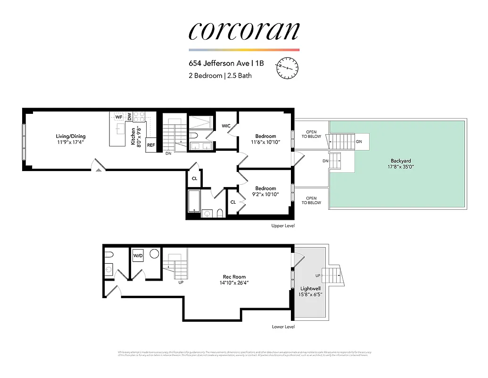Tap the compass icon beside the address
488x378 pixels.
point(288,68)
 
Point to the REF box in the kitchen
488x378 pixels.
point(151,145)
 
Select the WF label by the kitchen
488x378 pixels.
point(118,116)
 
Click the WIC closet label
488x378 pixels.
point(226,126)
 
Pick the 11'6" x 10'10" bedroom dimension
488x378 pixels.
point(265,142)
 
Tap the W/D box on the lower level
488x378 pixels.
point(138,256)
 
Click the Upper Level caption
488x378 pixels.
point(283,226)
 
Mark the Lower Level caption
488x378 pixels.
point(283,326)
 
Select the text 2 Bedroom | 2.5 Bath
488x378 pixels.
point(220,75)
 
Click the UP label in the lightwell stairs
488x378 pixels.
point(317,275)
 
